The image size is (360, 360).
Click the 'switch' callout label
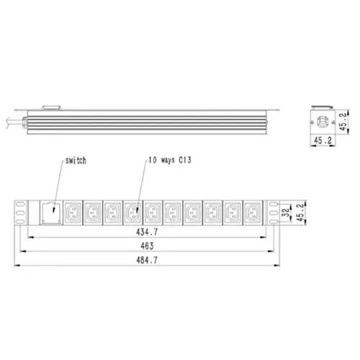[x=74, y=161]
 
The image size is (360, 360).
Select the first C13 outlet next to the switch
[x=74, y=212]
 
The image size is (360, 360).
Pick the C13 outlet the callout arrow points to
[x=134, y=212]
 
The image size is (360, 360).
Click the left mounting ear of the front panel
[x=19, y=212]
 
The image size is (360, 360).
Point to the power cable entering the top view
[x=11, y=118]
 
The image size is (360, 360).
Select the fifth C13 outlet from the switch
[x=153, y=212]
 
